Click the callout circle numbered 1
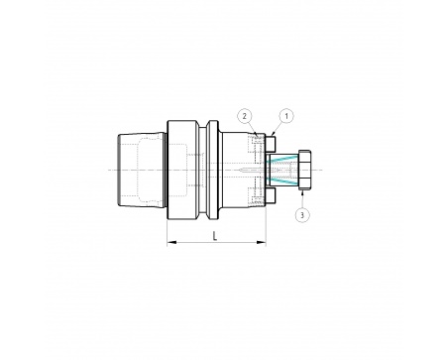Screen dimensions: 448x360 [x=286, y=116]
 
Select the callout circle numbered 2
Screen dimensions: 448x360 [x=245, y=116]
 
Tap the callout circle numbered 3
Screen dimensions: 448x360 [x=302, y=215]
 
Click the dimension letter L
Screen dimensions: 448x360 [x=215, y=236]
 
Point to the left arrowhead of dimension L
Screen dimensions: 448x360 [x=171, y=243]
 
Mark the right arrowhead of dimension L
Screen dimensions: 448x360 [x=262, y=243]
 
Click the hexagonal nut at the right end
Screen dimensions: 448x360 [x=304, y=170]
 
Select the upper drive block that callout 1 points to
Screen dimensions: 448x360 [x=271, y=143]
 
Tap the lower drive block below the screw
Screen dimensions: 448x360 [x=271, y=195]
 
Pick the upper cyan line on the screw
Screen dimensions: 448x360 [x=281, y=159]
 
